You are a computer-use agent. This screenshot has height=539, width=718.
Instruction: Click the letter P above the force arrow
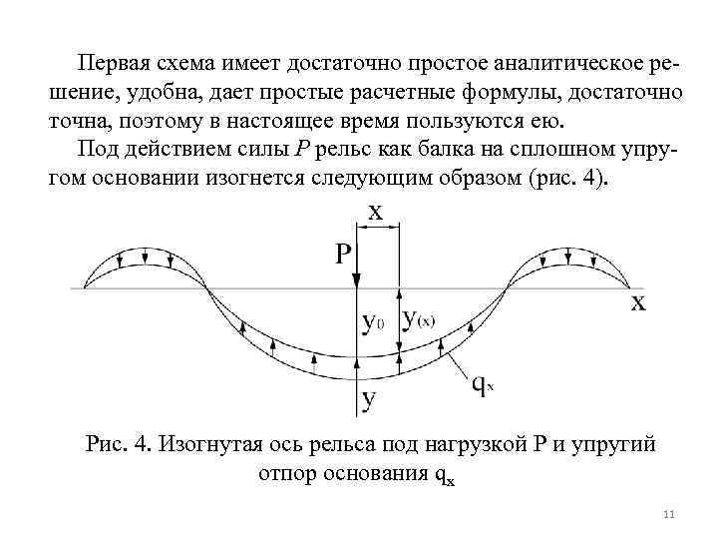click(343, 255)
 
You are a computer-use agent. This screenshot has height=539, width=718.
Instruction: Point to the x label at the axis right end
click(638, 301)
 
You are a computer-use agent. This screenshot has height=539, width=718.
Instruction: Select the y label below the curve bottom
click(369, 401)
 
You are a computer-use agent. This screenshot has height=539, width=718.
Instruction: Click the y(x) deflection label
click(419, 319)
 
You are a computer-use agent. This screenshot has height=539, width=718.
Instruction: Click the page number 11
click(668, 515)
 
